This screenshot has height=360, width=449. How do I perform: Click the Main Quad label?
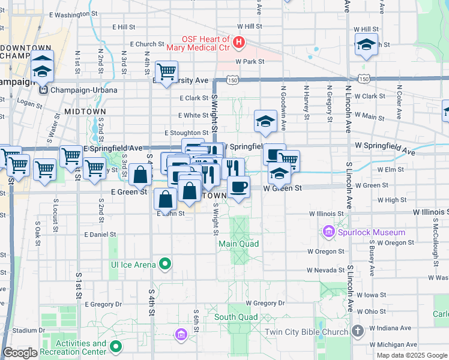(238, 244)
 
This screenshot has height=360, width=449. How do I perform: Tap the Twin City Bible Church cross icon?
(357, 331)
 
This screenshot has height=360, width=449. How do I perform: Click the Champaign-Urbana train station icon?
(43, 90)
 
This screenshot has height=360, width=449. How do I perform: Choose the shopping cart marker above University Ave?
(166, 71)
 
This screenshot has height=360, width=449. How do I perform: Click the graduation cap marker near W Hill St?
(366, 45)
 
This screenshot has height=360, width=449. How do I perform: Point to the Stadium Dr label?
(29, 330)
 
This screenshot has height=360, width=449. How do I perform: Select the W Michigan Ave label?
(394, 344)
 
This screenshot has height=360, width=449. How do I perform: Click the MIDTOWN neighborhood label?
(85, 112)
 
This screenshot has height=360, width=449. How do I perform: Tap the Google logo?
(20, 353)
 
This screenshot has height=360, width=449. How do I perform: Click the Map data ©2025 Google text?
(411, 355)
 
